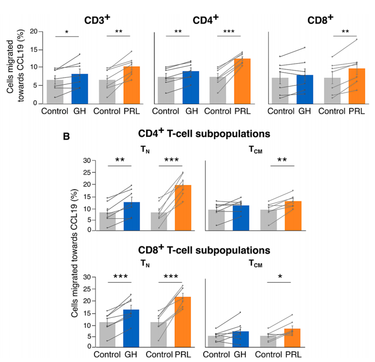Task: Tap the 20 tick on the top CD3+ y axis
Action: tap(34, 32)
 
